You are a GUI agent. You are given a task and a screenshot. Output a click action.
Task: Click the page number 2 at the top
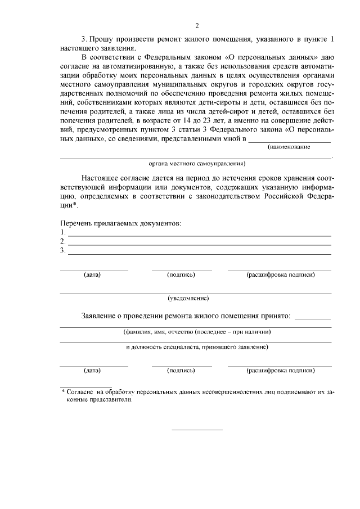[197, 25]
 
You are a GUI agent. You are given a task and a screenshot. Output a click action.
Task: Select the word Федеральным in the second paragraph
[164, 57]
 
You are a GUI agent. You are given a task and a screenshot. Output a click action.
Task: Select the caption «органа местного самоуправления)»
[197, 164]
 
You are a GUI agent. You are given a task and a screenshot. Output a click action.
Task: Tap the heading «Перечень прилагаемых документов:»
[120, 223]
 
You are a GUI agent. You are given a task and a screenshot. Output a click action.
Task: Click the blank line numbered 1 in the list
[199, 233]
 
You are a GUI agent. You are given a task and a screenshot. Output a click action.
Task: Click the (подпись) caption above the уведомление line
[181, 275]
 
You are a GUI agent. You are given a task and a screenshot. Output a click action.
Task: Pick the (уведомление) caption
[188, 298]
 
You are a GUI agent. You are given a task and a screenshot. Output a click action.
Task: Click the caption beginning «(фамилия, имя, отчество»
[197, 332]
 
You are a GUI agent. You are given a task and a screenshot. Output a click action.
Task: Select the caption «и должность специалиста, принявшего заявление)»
[197, 348]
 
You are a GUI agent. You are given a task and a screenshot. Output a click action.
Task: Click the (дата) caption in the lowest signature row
[92, 371]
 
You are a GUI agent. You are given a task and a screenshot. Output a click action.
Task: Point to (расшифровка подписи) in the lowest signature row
[281, 371]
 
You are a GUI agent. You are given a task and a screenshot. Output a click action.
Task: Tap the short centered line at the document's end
[197, 430]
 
